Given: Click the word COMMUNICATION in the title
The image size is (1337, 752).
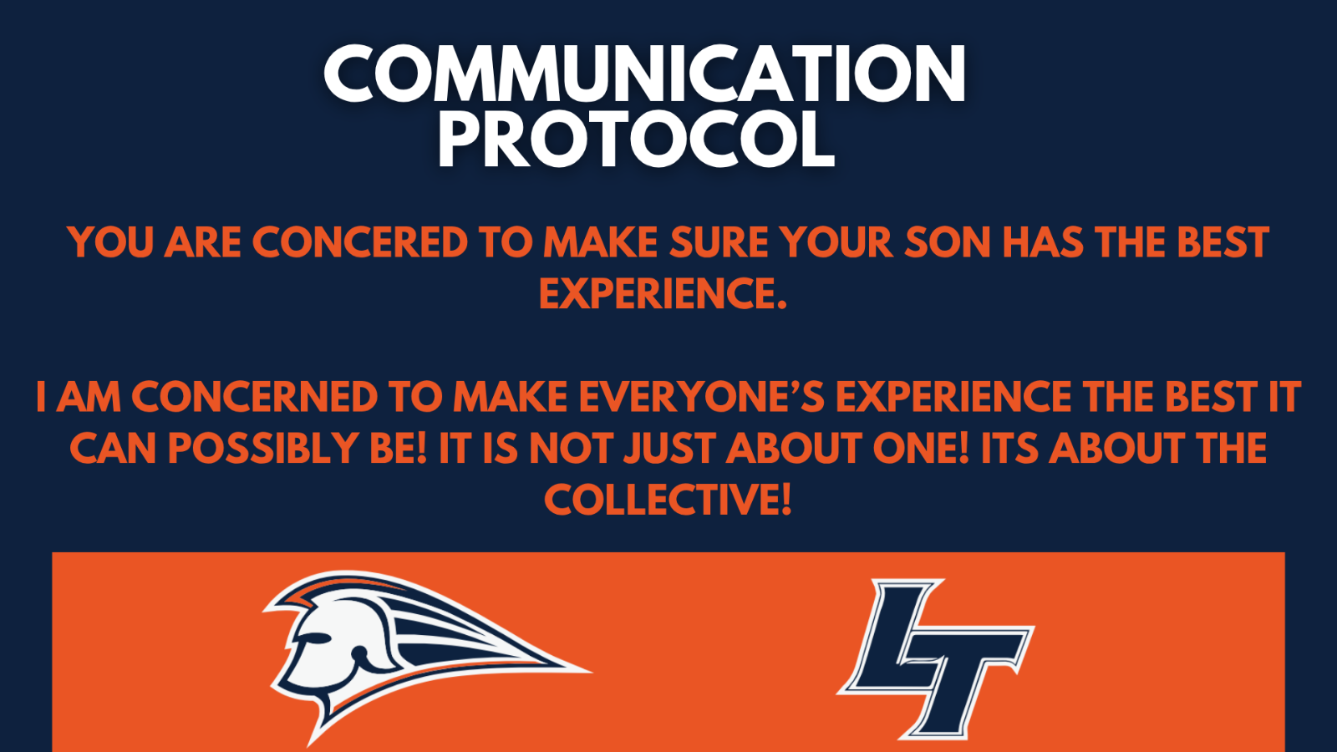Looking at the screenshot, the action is click(x=644, y=74).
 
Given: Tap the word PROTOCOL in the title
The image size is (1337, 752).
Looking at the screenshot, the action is click(x=636, y=138).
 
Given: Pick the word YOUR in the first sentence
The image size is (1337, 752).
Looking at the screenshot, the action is click(x=836, y=242).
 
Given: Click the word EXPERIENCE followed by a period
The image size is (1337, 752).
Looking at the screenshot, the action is click(x=663, y=293).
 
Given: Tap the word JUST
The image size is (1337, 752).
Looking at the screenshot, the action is click(x=669, y=448).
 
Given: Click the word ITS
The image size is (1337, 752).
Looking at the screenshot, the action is click(x=1009, y=448).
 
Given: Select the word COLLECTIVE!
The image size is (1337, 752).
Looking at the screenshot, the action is click(x=668, y=499).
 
